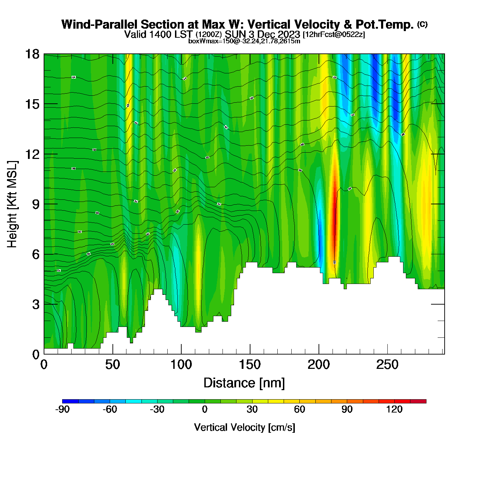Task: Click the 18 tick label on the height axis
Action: pos(32,54)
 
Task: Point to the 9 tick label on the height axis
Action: pos(36,204)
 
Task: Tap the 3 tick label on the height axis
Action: pos(36,305)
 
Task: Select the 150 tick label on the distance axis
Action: pos(250,365)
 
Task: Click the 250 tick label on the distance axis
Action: pos(387,365)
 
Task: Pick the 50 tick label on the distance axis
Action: pos(112,365)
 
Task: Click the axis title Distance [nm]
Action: pos(244,383)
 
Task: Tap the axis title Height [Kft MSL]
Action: pos(12,204)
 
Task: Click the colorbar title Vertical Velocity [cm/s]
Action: pos(245,428)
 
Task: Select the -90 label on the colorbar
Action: pos(63,410)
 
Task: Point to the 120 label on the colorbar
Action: pos(394,410)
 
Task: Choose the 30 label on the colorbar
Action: pos(252,410)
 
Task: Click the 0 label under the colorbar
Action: pos(205,410)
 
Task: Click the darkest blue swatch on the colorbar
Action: pos(71,401)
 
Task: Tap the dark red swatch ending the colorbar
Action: pos(418,401)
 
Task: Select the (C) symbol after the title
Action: pos(422,24)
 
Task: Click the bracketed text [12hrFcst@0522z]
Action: pos(334,35)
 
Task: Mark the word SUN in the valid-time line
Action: pos(234,34)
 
